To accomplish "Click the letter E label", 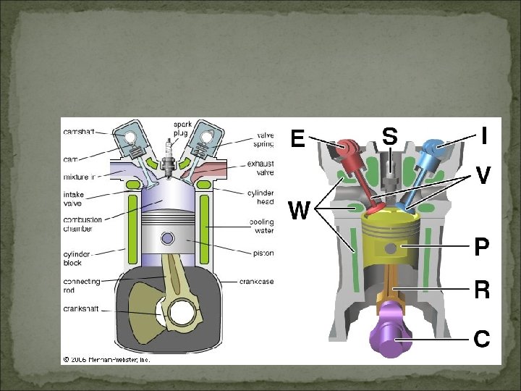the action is point(297,138).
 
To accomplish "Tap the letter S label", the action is point(389,136).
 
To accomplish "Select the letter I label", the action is point(484,135).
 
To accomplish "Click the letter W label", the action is point(300,211).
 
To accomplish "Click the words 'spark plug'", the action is point(182,129).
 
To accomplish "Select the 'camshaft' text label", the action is point(78,133).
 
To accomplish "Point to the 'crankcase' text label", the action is point(256,282).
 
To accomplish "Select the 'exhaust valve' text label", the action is point(260,168).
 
